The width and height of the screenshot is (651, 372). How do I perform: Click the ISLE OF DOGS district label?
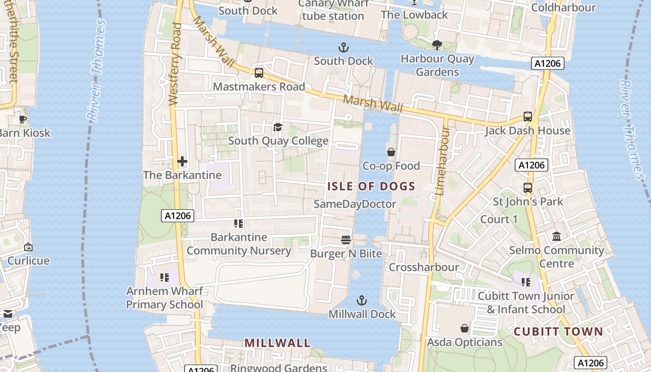tap(371, 186)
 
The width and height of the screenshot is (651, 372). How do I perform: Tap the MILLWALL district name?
tap(277, 343)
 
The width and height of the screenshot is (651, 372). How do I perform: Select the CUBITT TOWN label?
tap(558, 332)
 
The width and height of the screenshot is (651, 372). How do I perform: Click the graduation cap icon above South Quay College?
tap(278, 127)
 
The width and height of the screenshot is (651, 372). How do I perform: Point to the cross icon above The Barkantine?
tap(182, 161)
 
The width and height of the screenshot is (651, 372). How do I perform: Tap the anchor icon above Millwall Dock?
tap(362, 300)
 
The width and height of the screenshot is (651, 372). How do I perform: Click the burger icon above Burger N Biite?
tap(345, 239)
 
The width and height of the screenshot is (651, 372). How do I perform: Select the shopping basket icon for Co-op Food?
tap(391, 152)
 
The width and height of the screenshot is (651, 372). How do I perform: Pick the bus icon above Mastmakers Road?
tap(259, 73)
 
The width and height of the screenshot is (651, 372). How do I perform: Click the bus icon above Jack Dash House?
tap(527, 117)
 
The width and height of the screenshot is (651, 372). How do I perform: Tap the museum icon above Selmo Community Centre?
tap(557, 237)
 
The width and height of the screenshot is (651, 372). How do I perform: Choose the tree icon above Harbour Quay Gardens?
tap(437, 45)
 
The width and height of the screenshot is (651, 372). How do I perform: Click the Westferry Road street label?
tap(175, 64)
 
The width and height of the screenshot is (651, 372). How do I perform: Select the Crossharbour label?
tap(424, 267)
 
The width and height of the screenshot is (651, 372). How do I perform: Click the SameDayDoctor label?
tap(355, 204)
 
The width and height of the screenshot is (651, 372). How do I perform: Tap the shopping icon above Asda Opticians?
tap(464, 329)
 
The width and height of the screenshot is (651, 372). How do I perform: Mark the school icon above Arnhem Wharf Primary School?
tap(164, 278)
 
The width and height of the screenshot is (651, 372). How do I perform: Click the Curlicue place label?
tap(28, 261)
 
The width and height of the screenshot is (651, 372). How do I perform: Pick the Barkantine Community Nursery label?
tap(239, 244)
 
